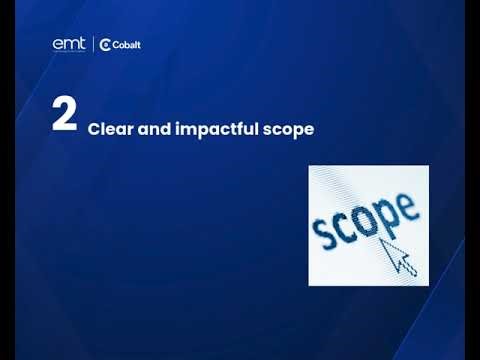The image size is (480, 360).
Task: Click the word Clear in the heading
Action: [x=107, y=129]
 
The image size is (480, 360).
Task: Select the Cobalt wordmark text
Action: [x=126, y=44]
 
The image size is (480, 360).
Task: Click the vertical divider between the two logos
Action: [x=93, y=44]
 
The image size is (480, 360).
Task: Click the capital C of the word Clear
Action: [x=94, y=129]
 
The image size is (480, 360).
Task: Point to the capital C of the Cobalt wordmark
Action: [x=115, y=44]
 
